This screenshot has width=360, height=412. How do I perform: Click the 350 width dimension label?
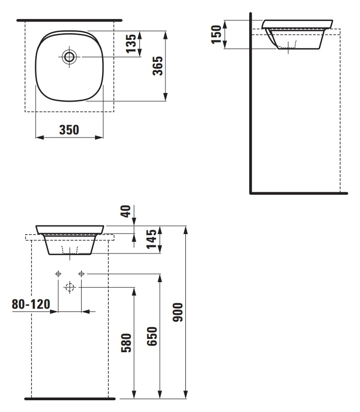(69, 130)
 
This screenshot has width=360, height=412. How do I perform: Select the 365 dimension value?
(158, 66)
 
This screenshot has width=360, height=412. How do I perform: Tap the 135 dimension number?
(131, 43)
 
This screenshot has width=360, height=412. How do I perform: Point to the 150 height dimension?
(217, 34)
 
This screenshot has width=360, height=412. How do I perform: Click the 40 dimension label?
(126, 211)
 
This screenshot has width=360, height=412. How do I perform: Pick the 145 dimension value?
(151, 239)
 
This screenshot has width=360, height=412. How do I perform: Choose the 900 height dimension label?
(178, 312)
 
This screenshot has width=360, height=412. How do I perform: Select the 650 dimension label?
(152, 336)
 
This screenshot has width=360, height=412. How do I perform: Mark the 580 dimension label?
(126, 342)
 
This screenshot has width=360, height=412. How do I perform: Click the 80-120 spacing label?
(31, 304)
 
